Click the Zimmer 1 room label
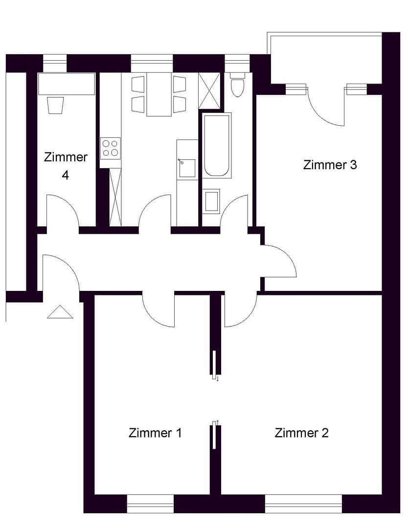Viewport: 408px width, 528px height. [155, 433]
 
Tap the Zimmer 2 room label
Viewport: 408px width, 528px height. [301, 433]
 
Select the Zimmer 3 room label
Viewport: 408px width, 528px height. [330, 165]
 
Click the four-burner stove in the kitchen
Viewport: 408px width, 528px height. [110, 148]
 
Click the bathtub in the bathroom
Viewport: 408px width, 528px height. [217, 145]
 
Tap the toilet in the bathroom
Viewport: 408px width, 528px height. [237, 86]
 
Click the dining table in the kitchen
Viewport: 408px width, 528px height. [159, 94]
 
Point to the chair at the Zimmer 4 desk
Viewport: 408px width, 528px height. [56, 105]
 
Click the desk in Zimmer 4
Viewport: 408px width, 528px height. [67, 84]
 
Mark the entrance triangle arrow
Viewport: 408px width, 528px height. [60, 312]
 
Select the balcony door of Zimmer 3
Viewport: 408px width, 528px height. [326, 107]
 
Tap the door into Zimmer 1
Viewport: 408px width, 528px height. [158, 309]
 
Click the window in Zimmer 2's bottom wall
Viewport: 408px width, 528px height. [303, 504]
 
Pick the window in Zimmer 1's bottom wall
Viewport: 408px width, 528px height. [150, 504]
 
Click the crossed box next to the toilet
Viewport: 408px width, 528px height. [210, 90]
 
